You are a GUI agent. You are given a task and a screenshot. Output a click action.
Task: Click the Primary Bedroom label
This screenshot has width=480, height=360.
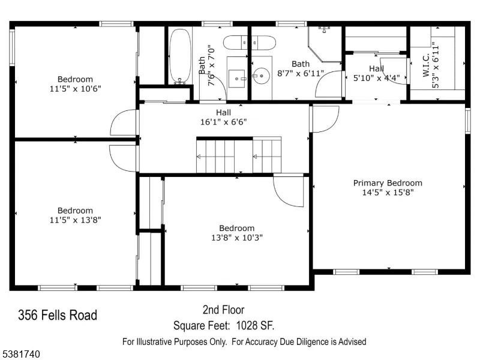tap(388, 183)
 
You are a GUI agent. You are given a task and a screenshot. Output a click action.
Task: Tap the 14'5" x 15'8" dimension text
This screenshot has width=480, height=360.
tap(388, 193)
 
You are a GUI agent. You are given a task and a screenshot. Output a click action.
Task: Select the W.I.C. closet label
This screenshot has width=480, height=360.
tap(426, 66)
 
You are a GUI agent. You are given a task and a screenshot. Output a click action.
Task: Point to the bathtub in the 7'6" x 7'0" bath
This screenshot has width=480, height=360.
tap(181, 56)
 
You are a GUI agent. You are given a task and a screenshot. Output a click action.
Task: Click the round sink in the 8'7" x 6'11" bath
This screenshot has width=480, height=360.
tap(261, 76)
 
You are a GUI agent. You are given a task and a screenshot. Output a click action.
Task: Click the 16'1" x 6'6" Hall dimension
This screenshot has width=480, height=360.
tap(223, 122)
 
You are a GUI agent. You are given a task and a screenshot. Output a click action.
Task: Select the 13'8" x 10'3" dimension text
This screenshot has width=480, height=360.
tap(237, 238)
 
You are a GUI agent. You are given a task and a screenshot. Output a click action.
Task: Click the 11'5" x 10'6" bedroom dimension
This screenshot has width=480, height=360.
tap(76, 89)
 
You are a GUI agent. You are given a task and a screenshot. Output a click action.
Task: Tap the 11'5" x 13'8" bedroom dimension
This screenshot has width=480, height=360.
tap(76, 220)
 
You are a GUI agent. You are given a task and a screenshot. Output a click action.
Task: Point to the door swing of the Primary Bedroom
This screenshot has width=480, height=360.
tap(325, 119)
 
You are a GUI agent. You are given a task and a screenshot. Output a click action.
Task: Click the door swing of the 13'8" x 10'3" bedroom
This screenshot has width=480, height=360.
tap(288, 191)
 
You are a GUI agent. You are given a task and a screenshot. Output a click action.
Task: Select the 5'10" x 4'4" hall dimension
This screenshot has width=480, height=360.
tap(377, 79)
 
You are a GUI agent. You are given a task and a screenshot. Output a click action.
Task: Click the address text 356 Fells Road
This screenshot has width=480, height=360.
tap(58, 316)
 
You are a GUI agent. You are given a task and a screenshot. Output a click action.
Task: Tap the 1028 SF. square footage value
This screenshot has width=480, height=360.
tap(255, 325)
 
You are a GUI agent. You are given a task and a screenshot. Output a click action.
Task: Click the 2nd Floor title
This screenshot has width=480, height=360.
tap(223, 310)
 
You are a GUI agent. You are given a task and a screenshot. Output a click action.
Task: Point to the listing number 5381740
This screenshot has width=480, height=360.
tap(20, 354)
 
